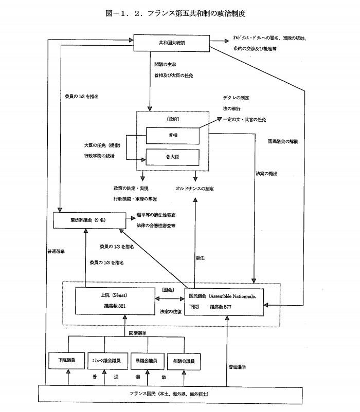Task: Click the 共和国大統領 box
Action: click(x=172, y=42)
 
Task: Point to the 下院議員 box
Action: click(x=65, y=361)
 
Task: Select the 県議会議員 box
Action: click(x=146, y=361)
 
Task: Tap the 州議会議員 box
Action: click(x=183, y=361)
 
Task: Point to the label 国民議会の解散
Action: click(x=283, y=140)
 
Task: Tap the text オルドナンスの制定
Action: click(x=194, y=189)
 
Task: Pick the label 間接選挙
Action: click(x=136, y=333)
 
